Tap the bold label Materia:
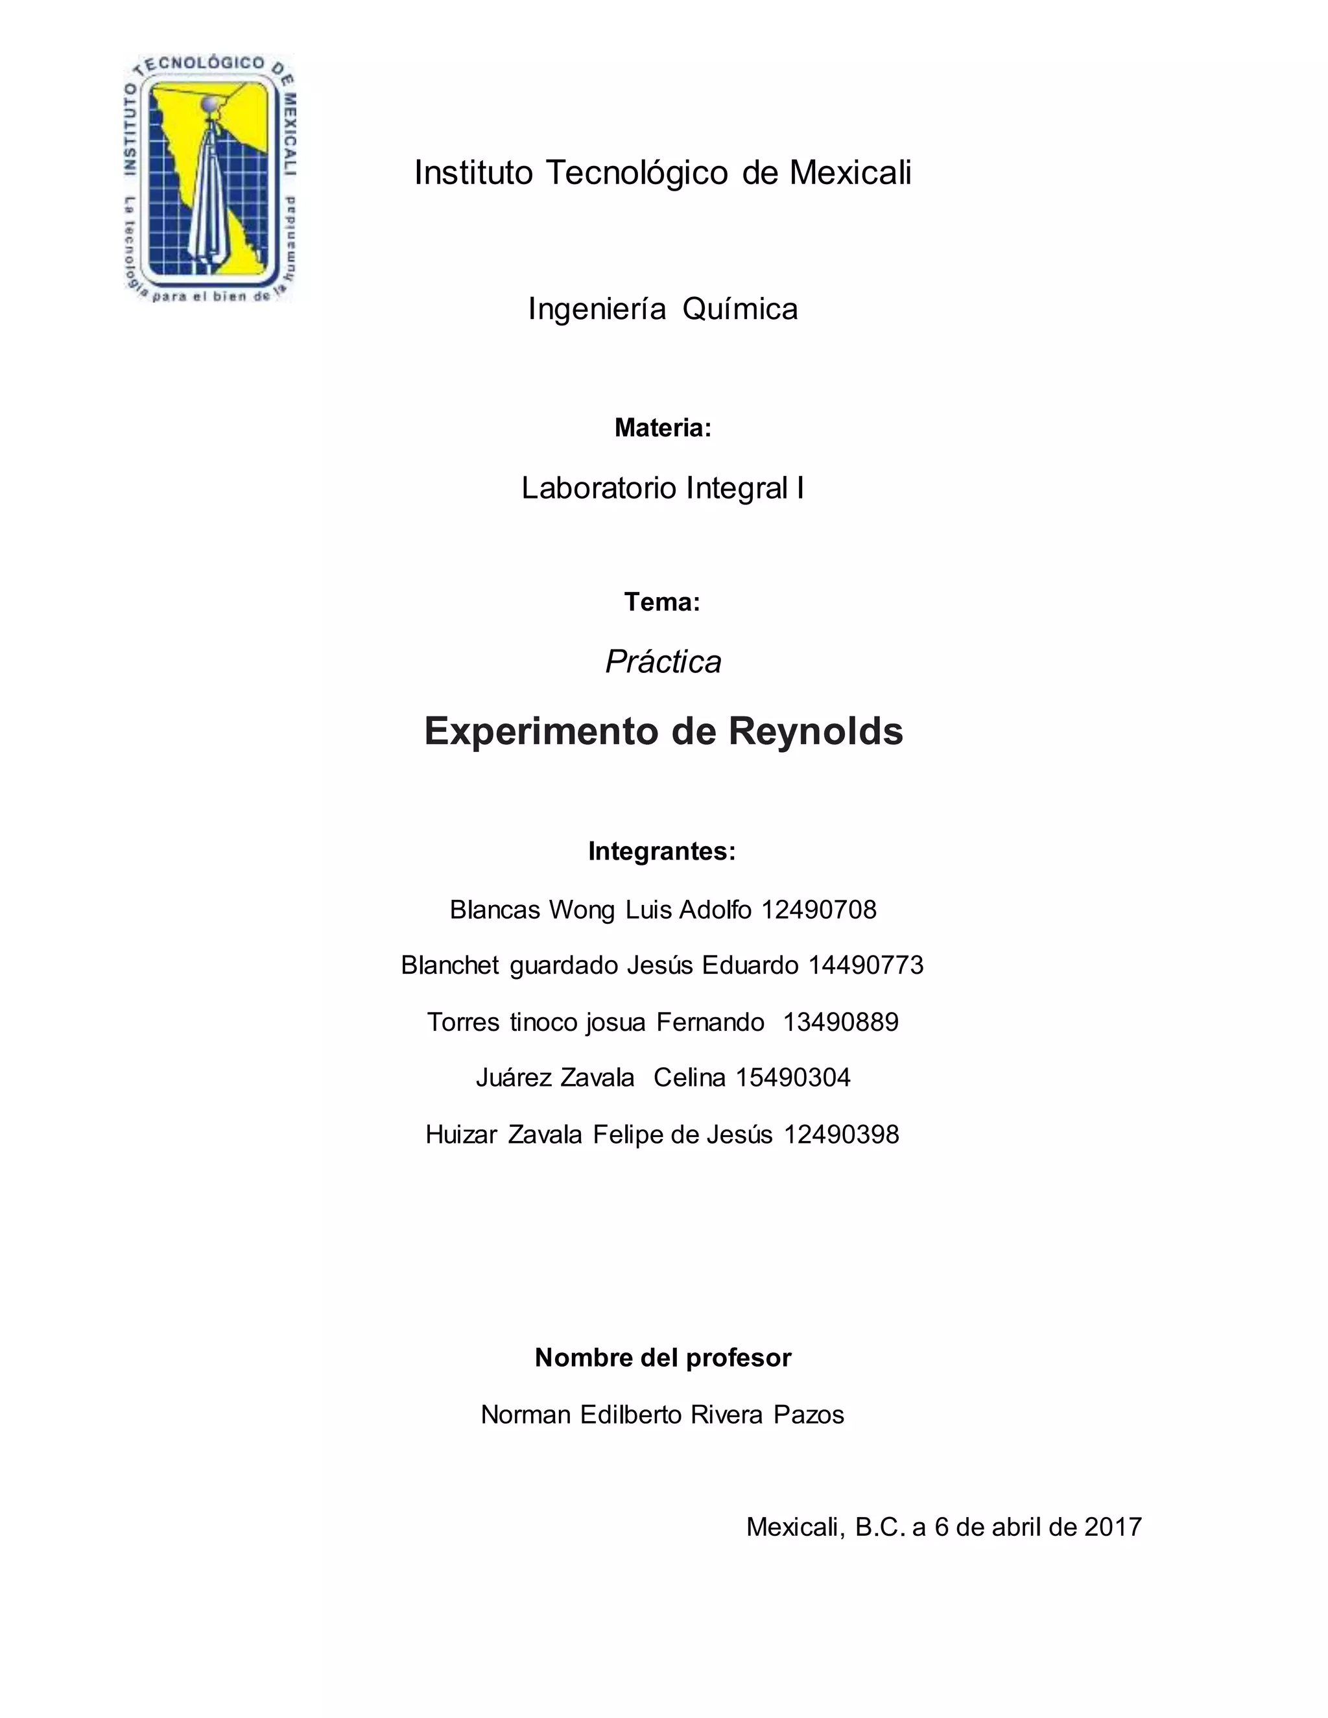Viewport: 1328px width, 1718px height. coord(663,428)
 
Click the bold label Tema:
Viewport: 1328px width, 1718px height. coord(661,602)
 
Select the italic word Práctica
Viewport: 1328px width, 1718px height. coord(663,661)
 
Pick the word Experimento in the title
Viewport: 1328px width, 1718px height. coord(542,731)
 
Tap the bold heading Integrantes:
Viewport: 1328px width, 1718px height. coord(661,851)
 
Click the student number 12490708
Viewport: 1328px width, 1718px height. coord(818,910)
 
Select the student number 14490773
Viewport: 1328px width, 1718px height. coord(866,965)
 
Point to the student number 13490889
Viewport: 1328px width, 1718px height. coord(840,1022)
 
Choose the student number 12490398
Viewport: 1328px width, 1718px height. coord(841,1135)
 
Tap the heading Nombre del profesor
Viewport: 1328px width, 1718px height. coord(663,1358)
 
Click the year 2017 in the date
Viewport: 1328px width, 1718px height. coord(1113,1527)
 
